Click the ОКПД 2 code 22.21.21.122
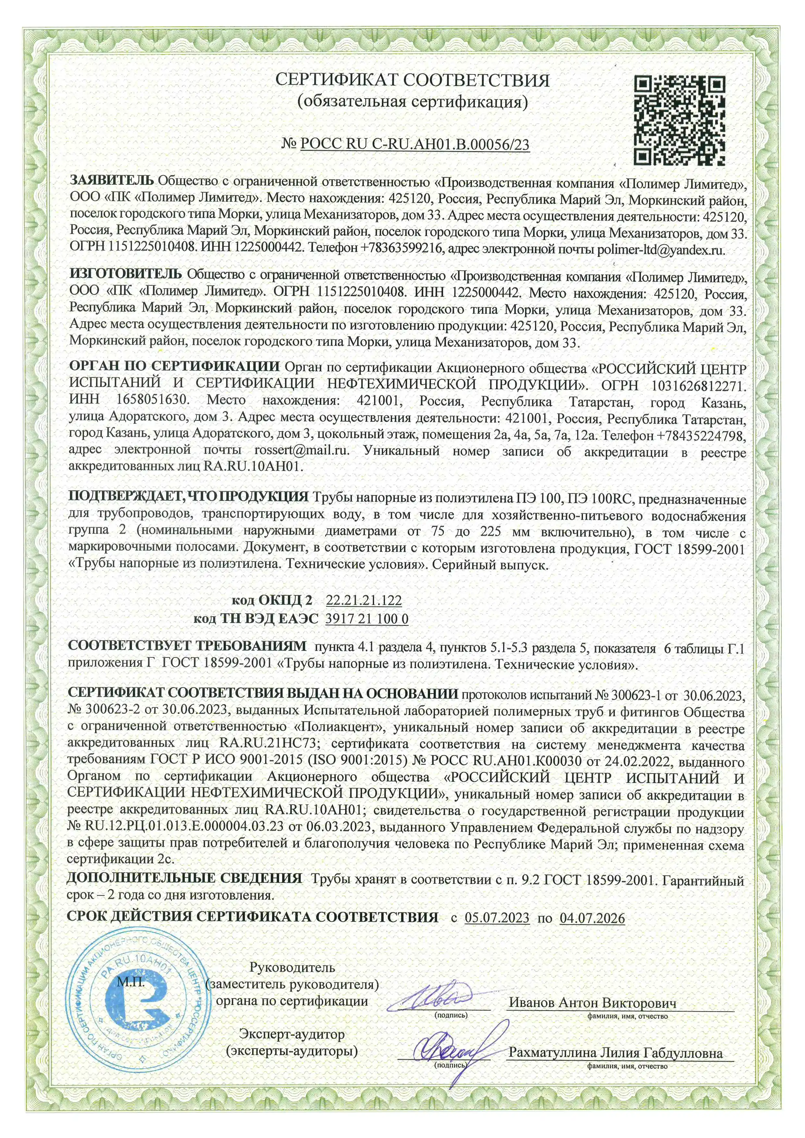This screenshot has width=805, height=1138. [x=364, y=600]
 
